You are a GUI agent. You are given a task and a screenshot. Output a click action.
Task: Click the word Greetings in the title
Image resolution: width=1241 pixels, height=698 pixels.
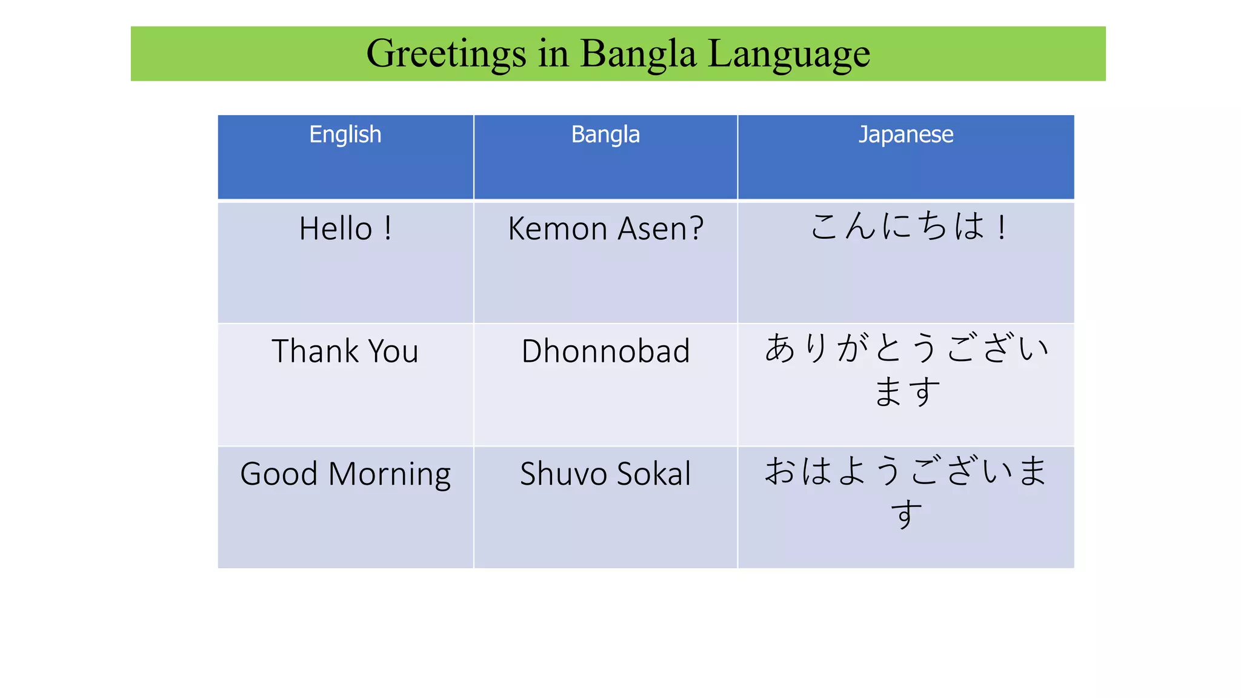coord(446,54)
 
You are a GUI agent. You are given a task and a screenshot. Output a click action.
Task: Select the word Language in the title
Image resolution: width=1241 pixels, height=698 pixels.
coord(789,54)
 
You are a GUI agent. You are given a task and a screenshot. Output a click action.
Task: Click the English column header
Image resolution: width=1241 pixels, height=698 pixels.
coord(345,135)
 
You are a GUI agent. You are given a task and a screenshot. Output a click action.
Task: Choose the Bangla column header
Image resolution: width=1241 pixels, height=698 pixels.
coord(605,135)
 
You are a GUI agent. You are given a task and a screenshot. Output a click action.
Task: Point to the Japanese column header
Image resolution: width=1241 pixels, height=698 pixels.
coord(905,135)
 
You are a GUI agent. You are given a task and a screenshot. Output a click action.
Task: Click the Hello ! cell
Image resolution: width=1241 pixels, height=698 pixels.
coord(345,229)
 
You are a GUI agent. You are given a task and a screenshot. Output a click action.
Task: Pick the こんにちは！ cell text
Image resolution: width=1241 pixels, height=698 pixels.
coord(907,227)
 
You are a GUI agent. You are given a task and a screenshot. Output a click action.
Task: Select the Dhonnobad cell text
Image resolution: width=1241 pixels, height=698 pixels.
coord(605,351)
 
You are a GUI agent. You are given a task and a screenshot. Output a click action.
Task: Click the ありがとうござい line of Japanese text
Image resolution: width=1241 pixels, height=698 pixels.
coord(906,349)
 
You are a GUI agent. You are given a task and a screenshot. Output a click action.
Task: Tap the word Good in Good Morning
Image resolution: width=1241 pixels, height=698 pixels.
coord(278,474)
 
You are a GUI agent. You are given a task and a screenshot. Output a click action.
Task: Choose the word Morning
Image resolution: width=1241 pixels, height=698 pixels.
coord(390,474)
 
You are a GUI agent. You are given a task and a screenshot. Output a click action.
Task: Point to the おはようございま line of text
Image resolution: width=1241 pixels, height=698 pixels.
coord(906,471)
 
